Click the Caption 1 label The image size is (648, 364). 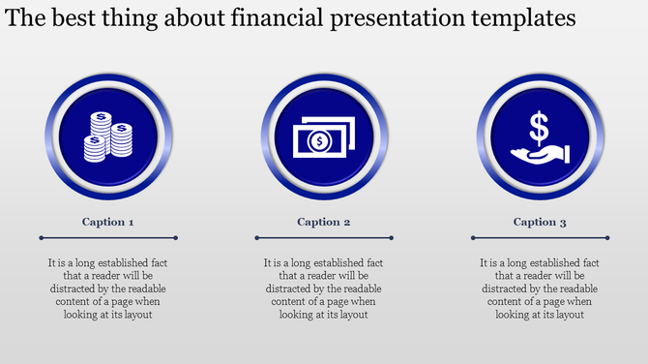108,222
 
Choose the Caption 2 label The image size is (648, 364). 324,222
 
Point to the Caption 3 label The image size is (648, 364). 540,222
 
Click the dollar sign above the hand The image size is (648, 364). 540,126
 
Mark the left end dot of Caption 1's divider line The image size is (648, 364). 41,237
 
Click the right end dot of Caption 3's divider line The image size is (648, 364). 607,237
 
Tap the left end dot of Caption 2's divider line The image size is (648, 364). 256,237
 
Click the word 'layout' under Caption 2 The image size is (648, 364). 351,314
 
